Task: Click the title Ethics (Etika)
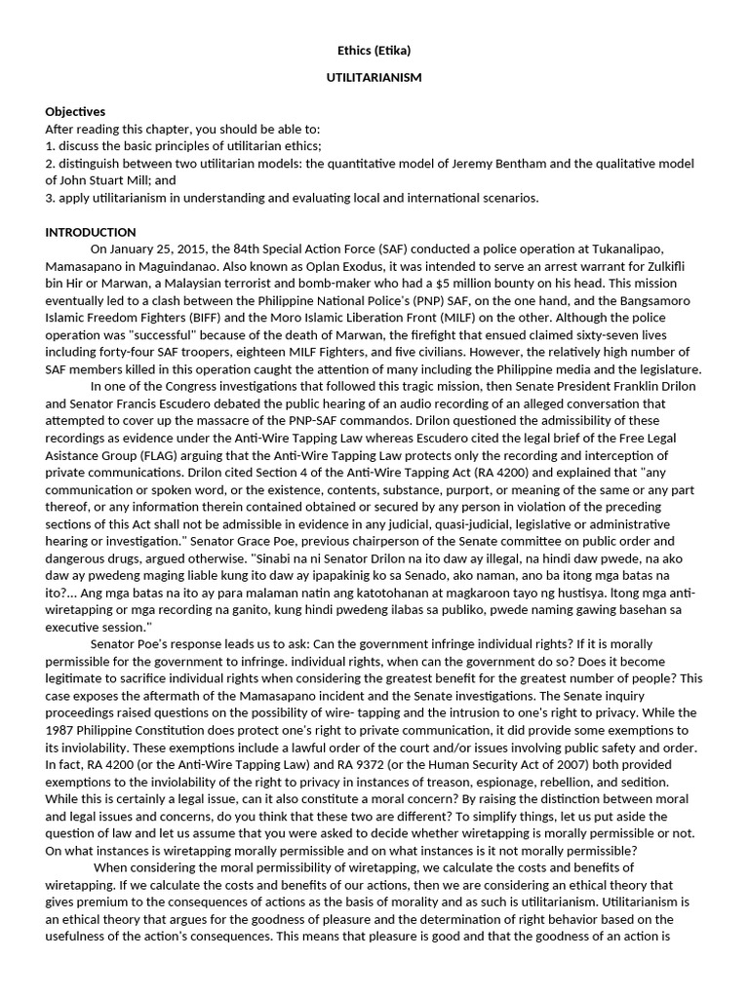click(x=374, y=51)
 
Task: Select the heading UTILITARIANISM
click(x=374, y=78)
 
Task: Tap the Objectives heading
click(x=75, y=112)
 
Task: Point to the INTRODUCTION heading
click(x=91, y=232)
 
